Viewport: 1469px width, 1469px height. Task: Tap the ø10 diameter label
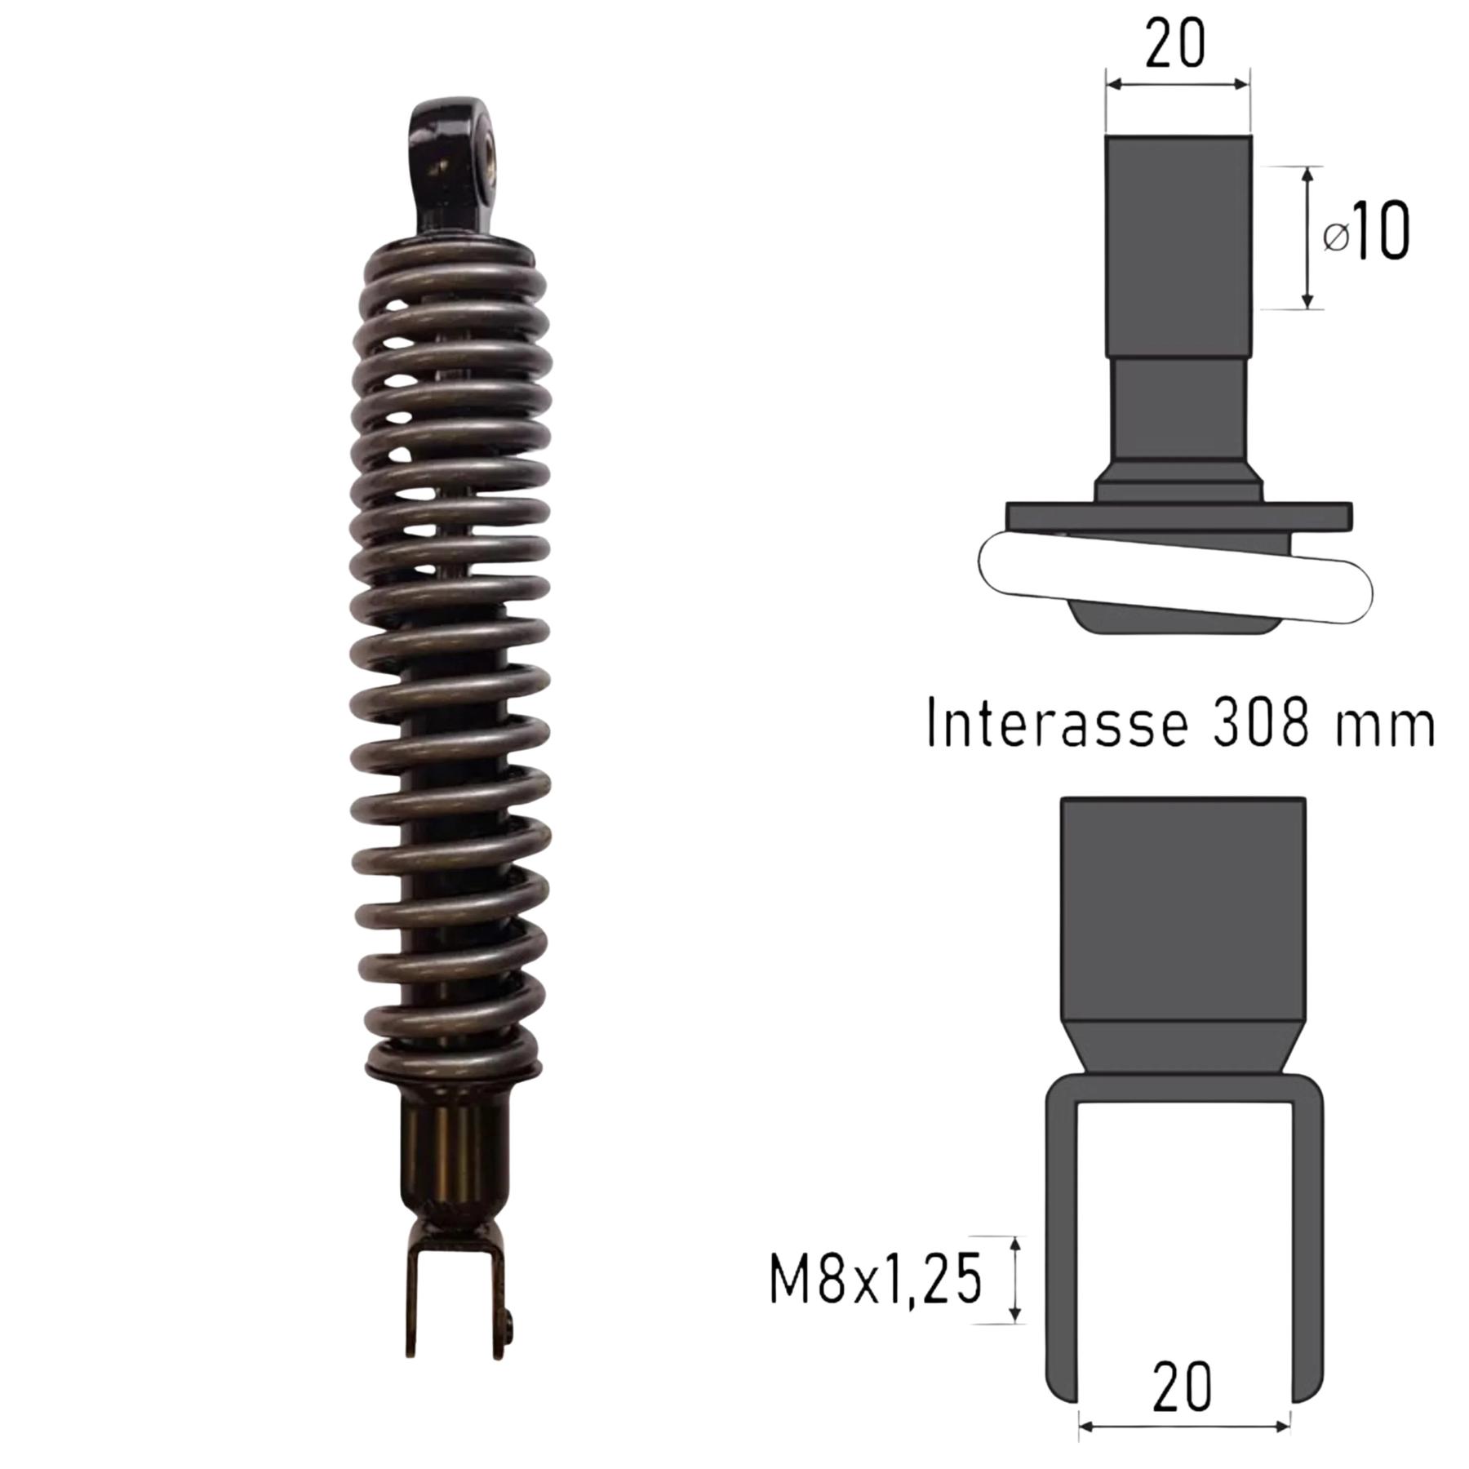coord(1365,234)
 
